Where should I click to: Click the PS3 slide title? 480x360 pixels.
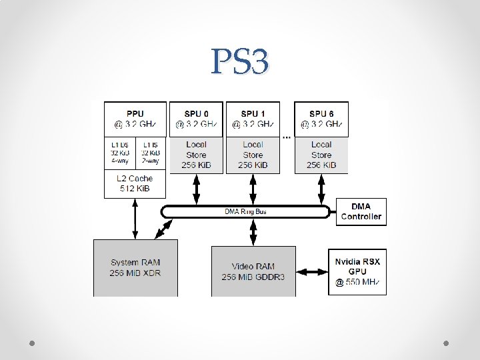(x=240, y=61)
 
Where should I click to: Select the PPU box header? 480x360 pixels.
(x=135, y=119)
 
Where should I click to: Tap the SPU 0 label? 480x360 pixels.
(x=196, y=114)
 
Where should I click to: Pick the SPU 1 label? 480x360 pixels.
(x=253, y=114)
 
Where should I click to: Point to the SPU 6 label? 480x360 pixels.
(x=321, y=114)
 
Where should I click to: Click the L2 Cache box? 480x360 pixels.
(x=135, y=183)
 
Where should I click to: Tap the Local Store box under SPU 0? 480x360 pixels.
(x=196, y=155)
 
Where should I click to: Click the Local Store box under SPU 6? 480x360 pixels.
(x=321, y=155)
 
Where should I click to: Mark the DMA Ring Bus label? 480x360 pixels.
(x=246, y=212)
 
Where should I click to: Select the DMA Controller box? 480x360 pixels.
(x=361, y=211)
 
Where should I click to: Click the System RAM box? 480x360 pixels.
(x=135, y=267)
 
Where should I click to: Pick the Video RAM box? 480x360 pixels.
(x=253, y=271)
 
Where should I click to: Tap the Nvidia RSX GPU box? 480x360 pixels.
(x=357, y=271)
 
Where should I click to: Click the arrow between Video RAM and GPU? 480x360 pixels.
(x=311, y=271)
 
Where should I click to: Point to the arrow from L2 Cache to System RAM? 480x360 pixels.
(x=135, y=218)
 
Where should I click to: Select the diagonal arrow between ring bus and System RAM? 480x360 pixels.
(x=162, y=229)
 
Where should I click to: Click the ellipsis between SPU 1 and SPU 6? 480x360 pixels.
(x=287, y=137)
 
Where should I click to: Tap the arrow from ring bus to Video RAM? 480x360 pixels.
(x=253, y=232)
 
